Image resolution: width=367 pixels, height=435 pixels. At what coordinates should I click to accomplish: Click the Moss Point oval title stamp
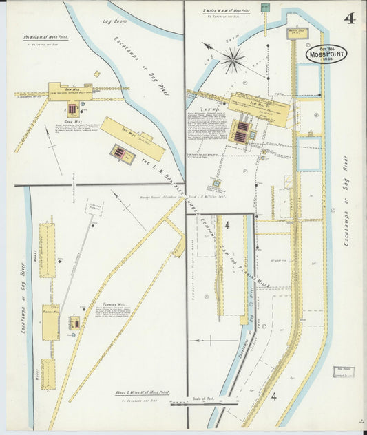[326, 54]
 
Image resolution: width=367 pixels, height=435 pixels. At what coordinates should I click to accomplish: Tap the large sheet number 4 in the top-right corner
[350, 18]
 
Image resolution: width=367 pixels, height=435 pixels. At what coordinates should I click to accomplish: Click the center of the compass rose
[233, 60]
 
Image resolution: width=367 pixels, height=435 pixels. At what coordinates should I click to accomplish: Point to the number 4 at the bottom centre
[273, 396]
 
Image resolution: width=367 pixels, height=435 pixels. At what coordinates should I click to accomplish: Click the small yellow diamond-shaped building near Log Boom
[97, 74]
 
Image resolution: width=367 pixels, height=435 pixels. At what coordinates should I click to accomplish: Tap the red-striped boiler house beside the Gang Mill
[72, 109]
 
